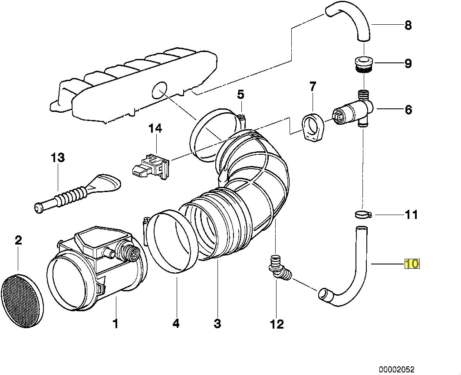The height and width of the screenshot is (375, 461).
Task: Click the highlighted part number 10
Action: click(412, 263)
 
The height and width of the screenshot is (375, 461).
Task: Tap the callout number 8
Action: click(408, 25)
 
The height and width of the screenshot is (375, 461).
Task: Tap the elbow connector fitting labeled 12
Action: click(278, 269)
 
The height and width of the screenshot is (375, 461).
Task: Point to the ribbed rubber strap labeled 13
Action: click(74, 195)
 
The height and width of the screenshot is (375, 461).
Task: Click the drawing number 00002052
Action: click(397, 369)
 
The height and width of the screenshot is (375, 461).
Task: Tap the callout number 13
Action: click(57, 157)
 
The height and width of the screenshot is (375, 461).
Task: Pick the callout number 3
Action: click(217, 323)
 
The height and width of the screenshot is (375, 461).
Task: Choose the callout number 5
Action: click(240, 94)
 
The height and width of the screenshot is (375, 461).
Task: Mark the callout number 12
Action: click(277, 323)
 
